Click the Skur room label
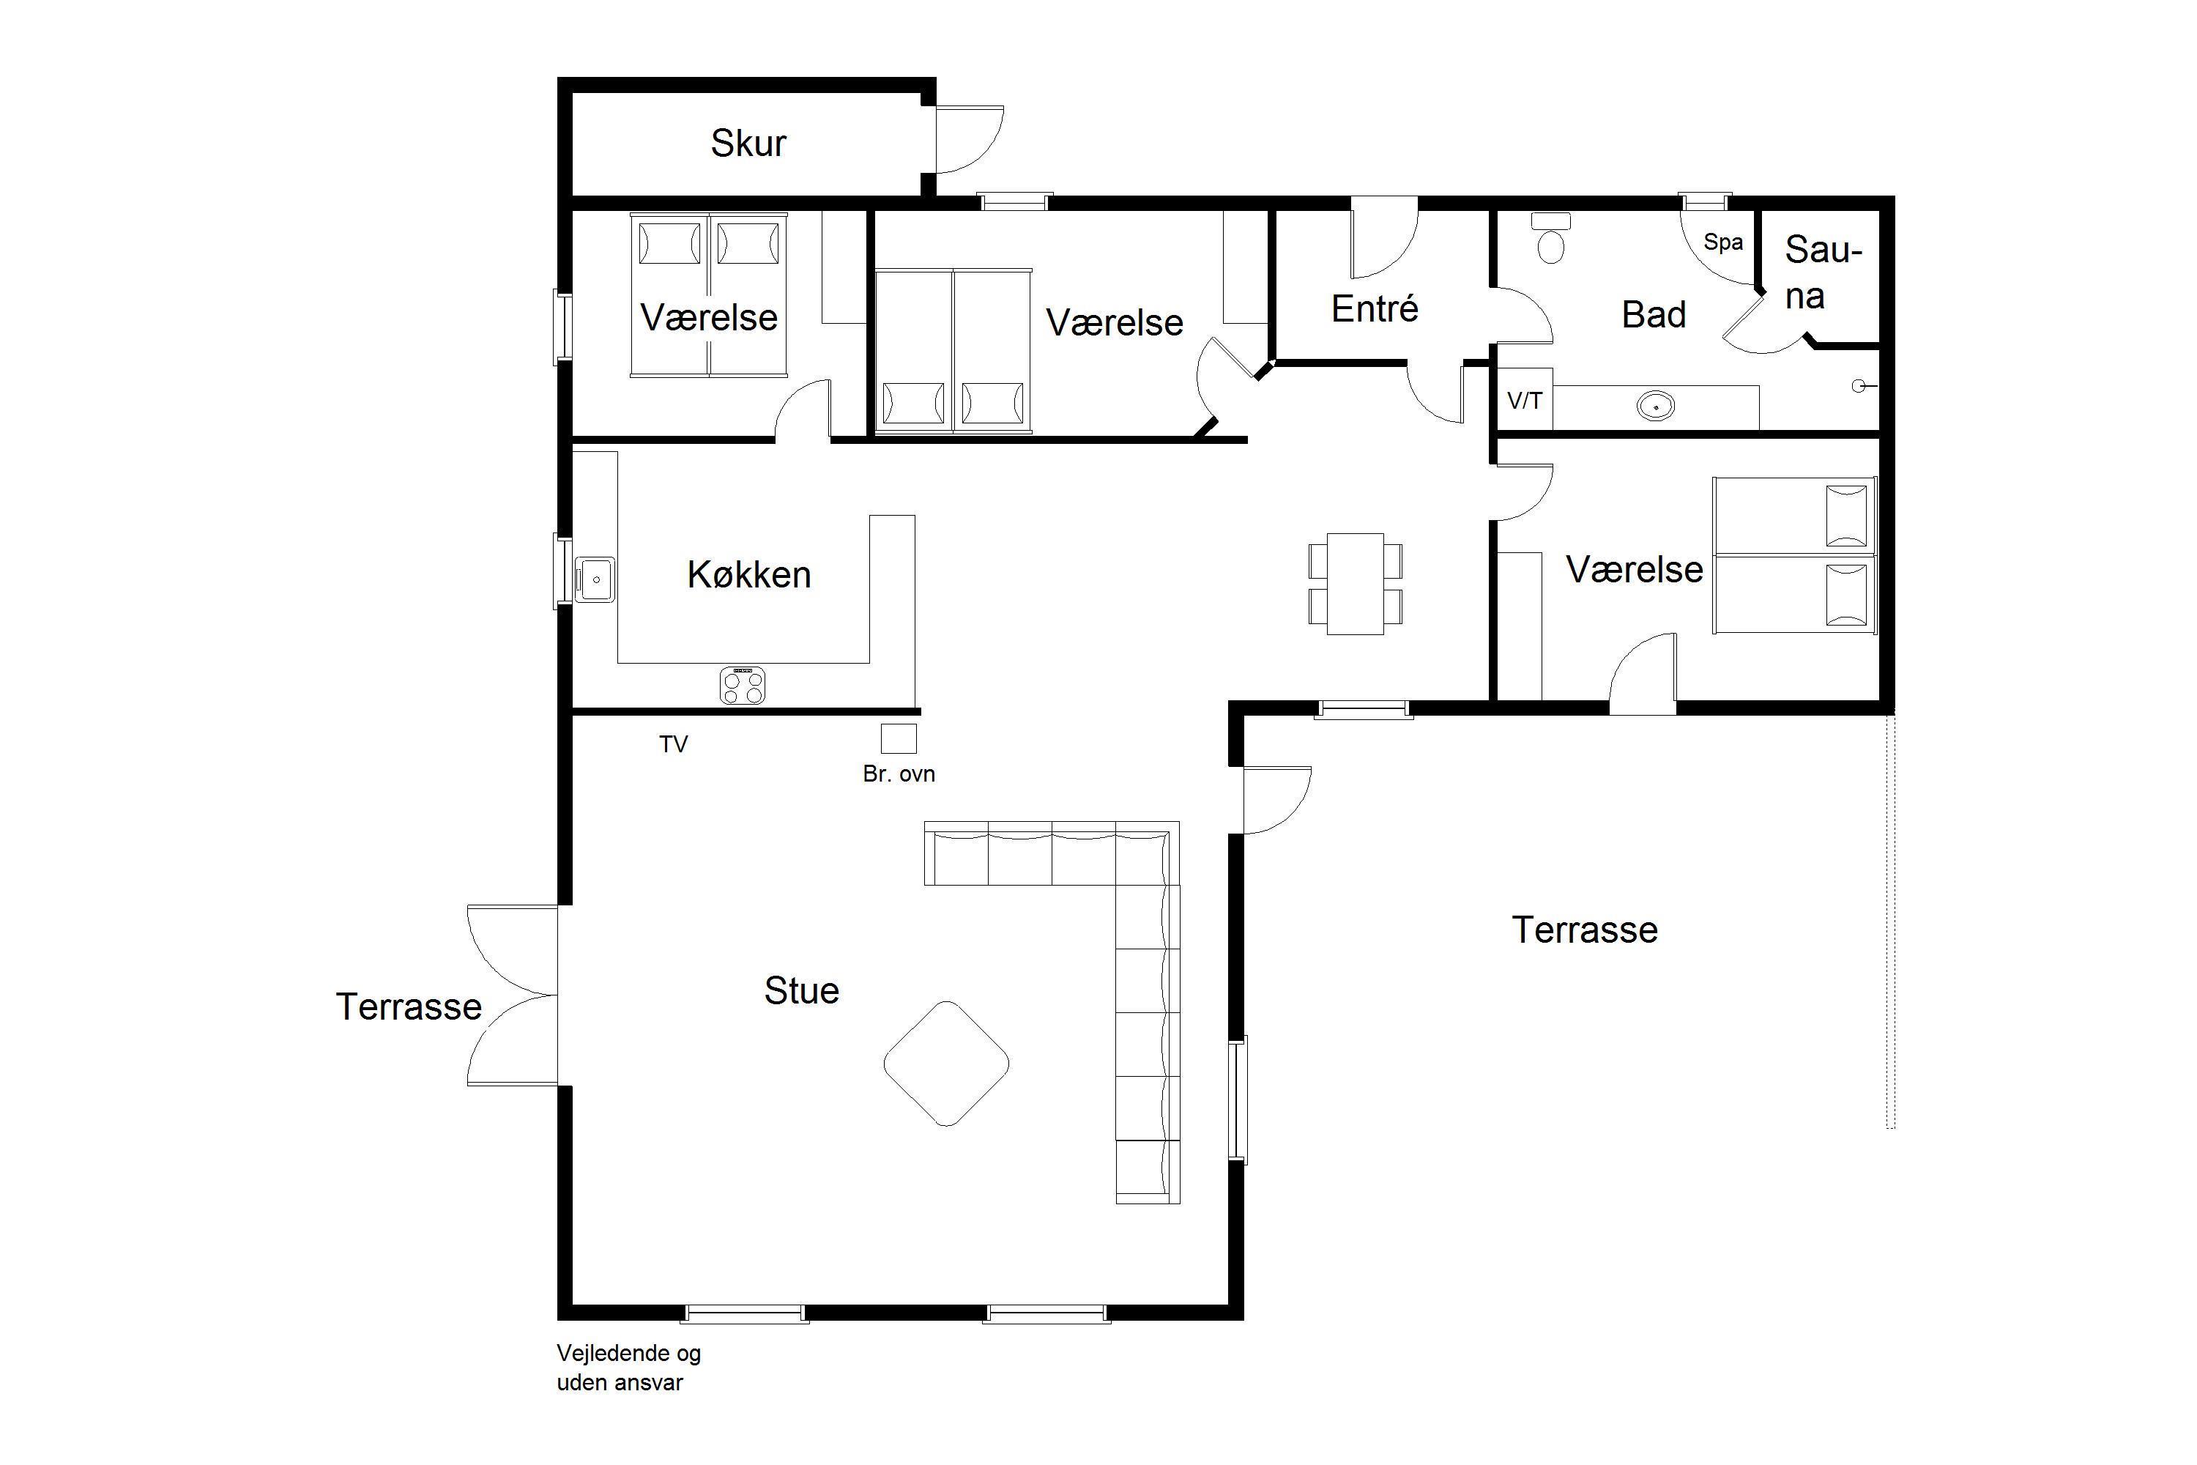tap(748, 143)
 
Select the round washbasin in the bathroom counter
tap(1656, 406)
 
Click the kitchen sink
tap(594, 579)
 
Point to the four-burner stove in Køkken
tap(743, 685)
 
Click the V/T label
tap(1525, 401)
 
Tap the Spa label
tap(1723, 242)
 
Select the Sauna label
tap(1823, 272)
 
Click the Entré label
tap(1375, 308)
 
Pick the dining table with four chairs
tap(1356, 584)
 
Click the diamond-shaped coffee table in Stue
tap(946, 1064)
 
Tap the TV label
tap(674, 745)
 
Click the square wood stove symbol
tap(899, 738)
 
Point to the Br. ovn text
tap(899, 774)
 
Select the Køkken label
tap(749, 574)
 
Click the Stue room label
tap(801, 990)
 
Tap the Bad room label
tap(1654, 315)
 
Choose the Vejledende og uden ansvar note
tap(628, 1368)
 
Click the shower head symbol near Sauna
tap(1861, 385)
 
